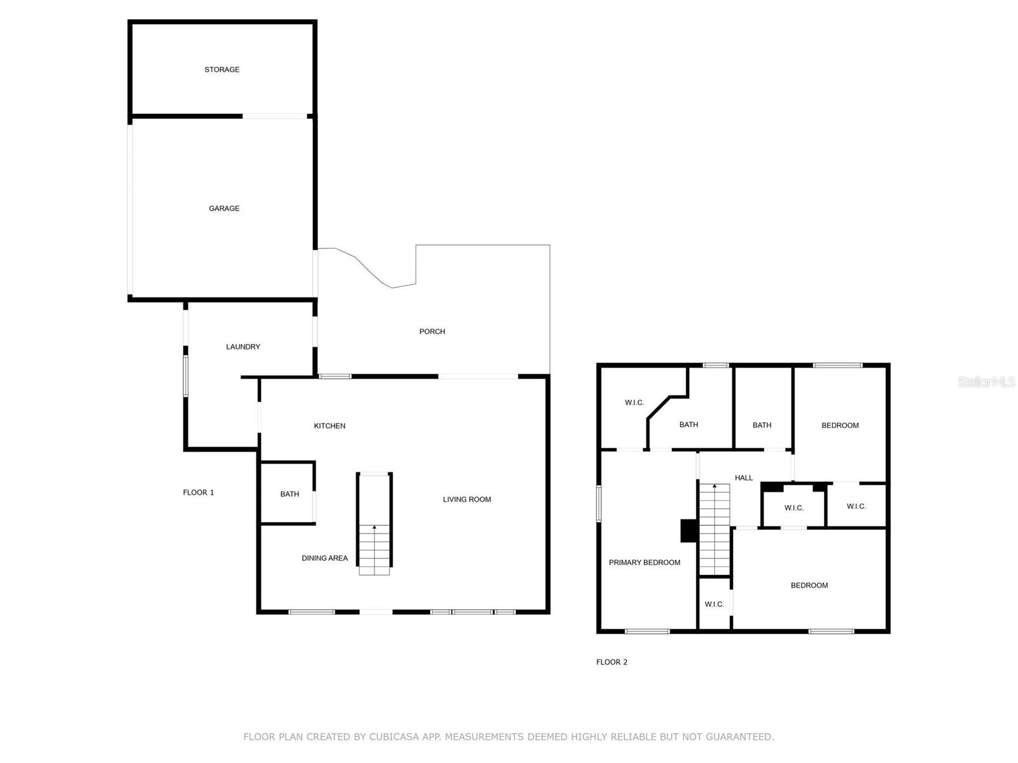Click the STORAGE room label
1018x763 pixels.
pos(221,69)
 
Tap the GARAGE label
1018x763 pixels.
pos(224,209)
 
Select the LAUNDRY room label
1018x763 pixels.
pos(243,347)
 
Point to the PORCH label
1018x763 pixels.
pos(432,331)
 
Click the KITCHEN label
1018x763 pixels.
pos(330,426)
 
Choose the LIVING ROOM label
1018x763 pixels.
pos(466,499)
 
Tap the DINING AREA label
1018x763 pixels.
pos(324,558)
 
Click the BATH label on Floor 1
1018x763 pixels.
pos(289,494)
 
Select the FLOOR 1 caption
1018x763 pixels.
pos(199,492)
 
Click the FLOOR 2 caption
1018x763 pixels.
pos(611,662)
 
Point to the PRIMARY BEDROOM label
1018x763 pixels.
pos(644,562)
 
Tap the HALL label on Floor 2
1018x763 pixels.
pos(743,478)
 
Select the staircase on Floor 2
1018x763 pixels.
pos(715,530)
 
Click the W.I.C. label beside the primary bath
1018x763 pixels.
pos(634,402)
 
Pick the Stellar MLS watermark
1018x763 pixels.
pos(986,381)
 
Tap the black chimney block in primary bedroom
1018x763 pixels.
pos(688,530)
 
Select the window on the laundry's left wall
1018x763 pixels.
pos(186,376)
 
